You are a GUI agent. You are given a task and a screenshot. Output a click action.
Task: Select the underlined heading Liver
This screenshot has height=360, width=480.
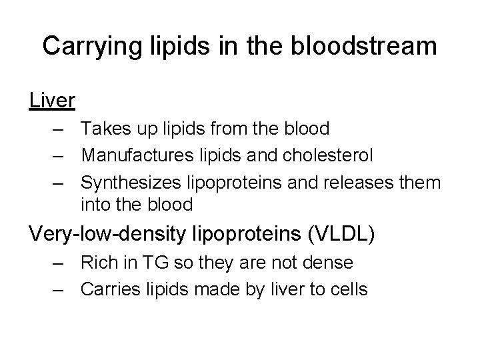(52, 100)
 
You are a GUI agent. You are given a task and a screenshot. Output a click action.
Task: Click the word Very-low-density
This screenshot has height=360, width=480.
(97, 235)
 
